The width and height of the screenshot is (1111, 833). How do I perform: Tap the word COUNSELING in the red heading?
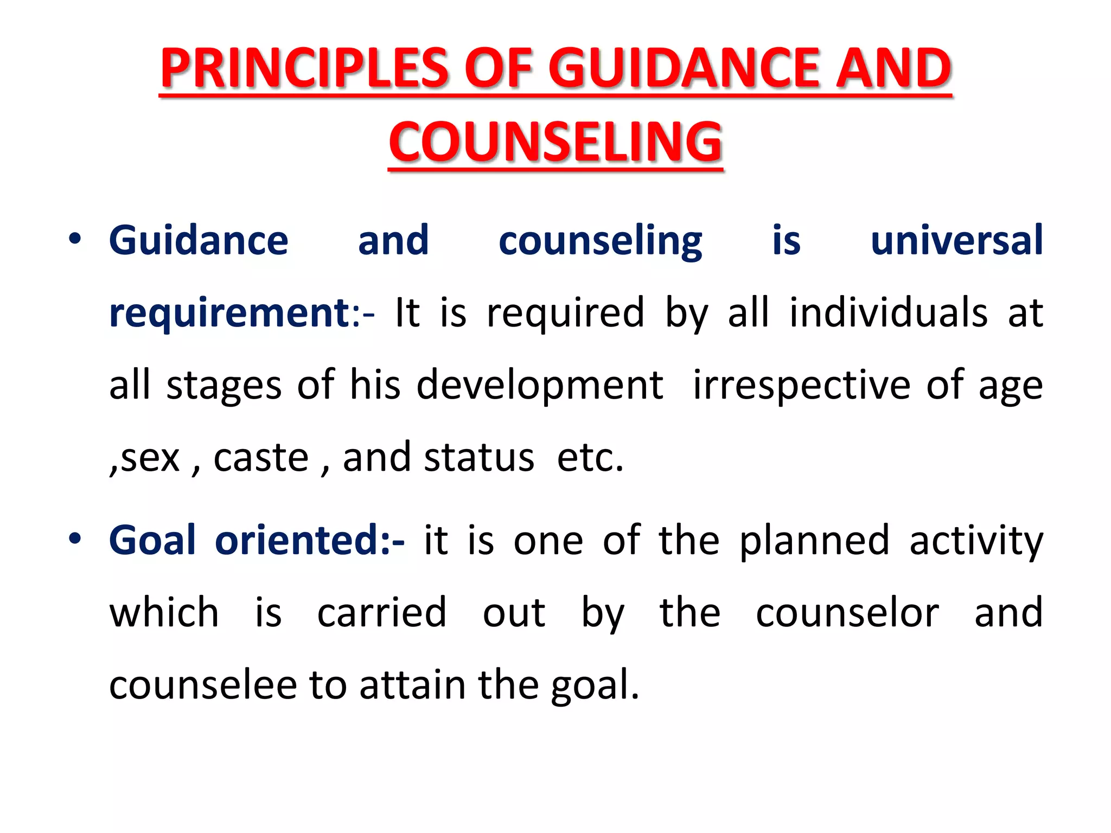tap(555, 142)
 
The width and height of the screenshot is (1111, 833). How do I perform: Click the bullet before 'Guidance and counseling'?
tap(75, 239)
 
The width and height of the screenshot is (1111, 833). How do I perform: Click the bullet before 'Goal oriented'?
tap(75, 539)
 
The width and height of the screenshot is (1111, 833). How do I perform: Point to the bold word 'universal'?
tap(956, 240)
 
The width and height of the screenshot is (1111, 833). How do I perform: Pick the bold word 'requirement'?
tap(229, 313)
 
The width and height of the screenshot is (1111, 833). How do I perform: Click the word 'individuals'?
tap(888, 313)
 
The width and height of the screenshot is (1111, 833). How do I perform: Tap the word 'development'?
tap(540, 385)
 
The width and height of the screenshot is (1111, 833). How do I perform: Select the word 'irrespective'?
tap(802, 385)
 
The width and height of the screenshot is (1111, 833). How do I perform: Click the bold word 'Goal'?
tap(152, 540)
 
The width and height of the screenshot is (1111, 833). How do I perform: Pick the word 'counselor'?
tap(847, 613)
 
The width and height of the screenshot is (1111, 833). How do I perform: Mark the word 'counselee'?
tap(203, 685)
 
